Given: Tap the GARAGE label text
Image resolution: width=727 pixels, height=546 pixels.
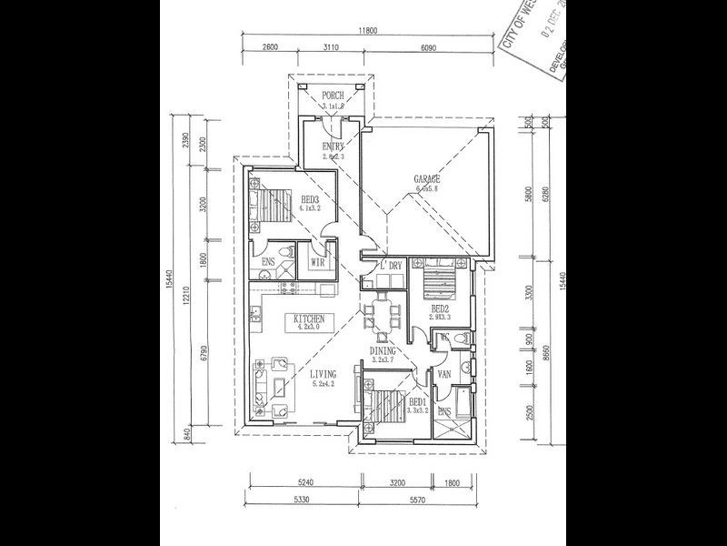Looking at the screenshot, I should (x=427, y=179).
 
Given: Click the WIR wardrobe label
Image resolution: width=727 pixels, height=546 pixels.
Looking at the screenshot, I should (x=318, y=263).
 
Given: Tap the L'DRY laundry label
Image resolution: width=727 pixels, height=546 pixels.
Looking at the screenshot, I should (x=392, y=265).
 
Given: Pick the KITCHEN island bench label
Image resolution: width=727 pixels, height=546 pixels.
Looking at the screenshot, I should (x=310, y=319).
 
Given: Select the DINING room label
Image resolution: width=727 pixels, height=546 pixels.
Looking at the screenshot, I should (x=381, y=349).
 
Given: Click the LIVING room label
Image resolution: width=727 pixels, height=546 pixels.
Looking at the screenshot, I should (x=322, y=374).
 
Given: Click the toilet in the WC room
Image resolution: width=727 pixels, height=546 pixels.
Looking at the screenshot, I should (x=460, y=340).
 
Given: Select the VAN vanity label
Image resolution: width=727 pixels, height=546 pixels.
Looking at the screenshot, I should (x=445, y=374).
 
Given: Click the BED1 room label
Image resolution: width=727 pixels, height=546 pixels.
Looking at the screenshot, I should (x=417, y=401).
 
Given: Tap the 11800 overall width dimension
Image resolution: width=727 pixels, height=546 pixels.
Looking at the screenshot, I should (x=366, y=31).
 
